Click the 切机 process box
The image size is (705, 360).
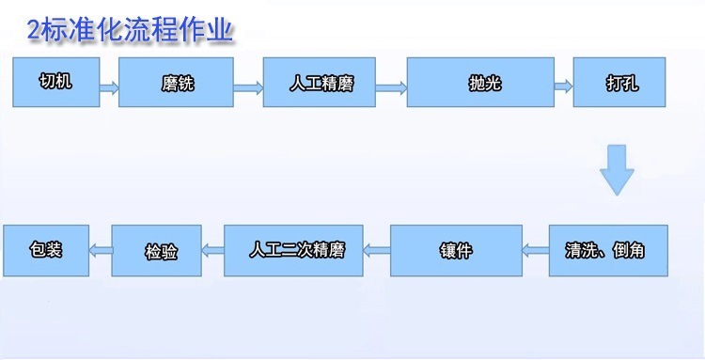[x=55, y=82]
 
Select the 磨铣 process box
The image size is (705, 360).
[x=176, y=84]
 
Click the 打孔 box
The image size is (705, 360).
[x=619, y=82]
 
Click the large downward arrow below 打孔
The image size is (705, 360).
[x=618, y=170]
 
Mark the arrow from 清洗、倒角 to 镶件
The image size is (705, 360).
[x=536, y=250]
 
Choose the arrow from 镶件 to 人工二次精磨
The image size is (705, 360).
[x=377, y=250]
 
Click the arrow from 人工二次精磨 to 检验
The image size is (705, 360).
[x=212, y=250]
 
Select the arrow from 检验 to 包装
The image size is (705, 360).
[x=101, y=250]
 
